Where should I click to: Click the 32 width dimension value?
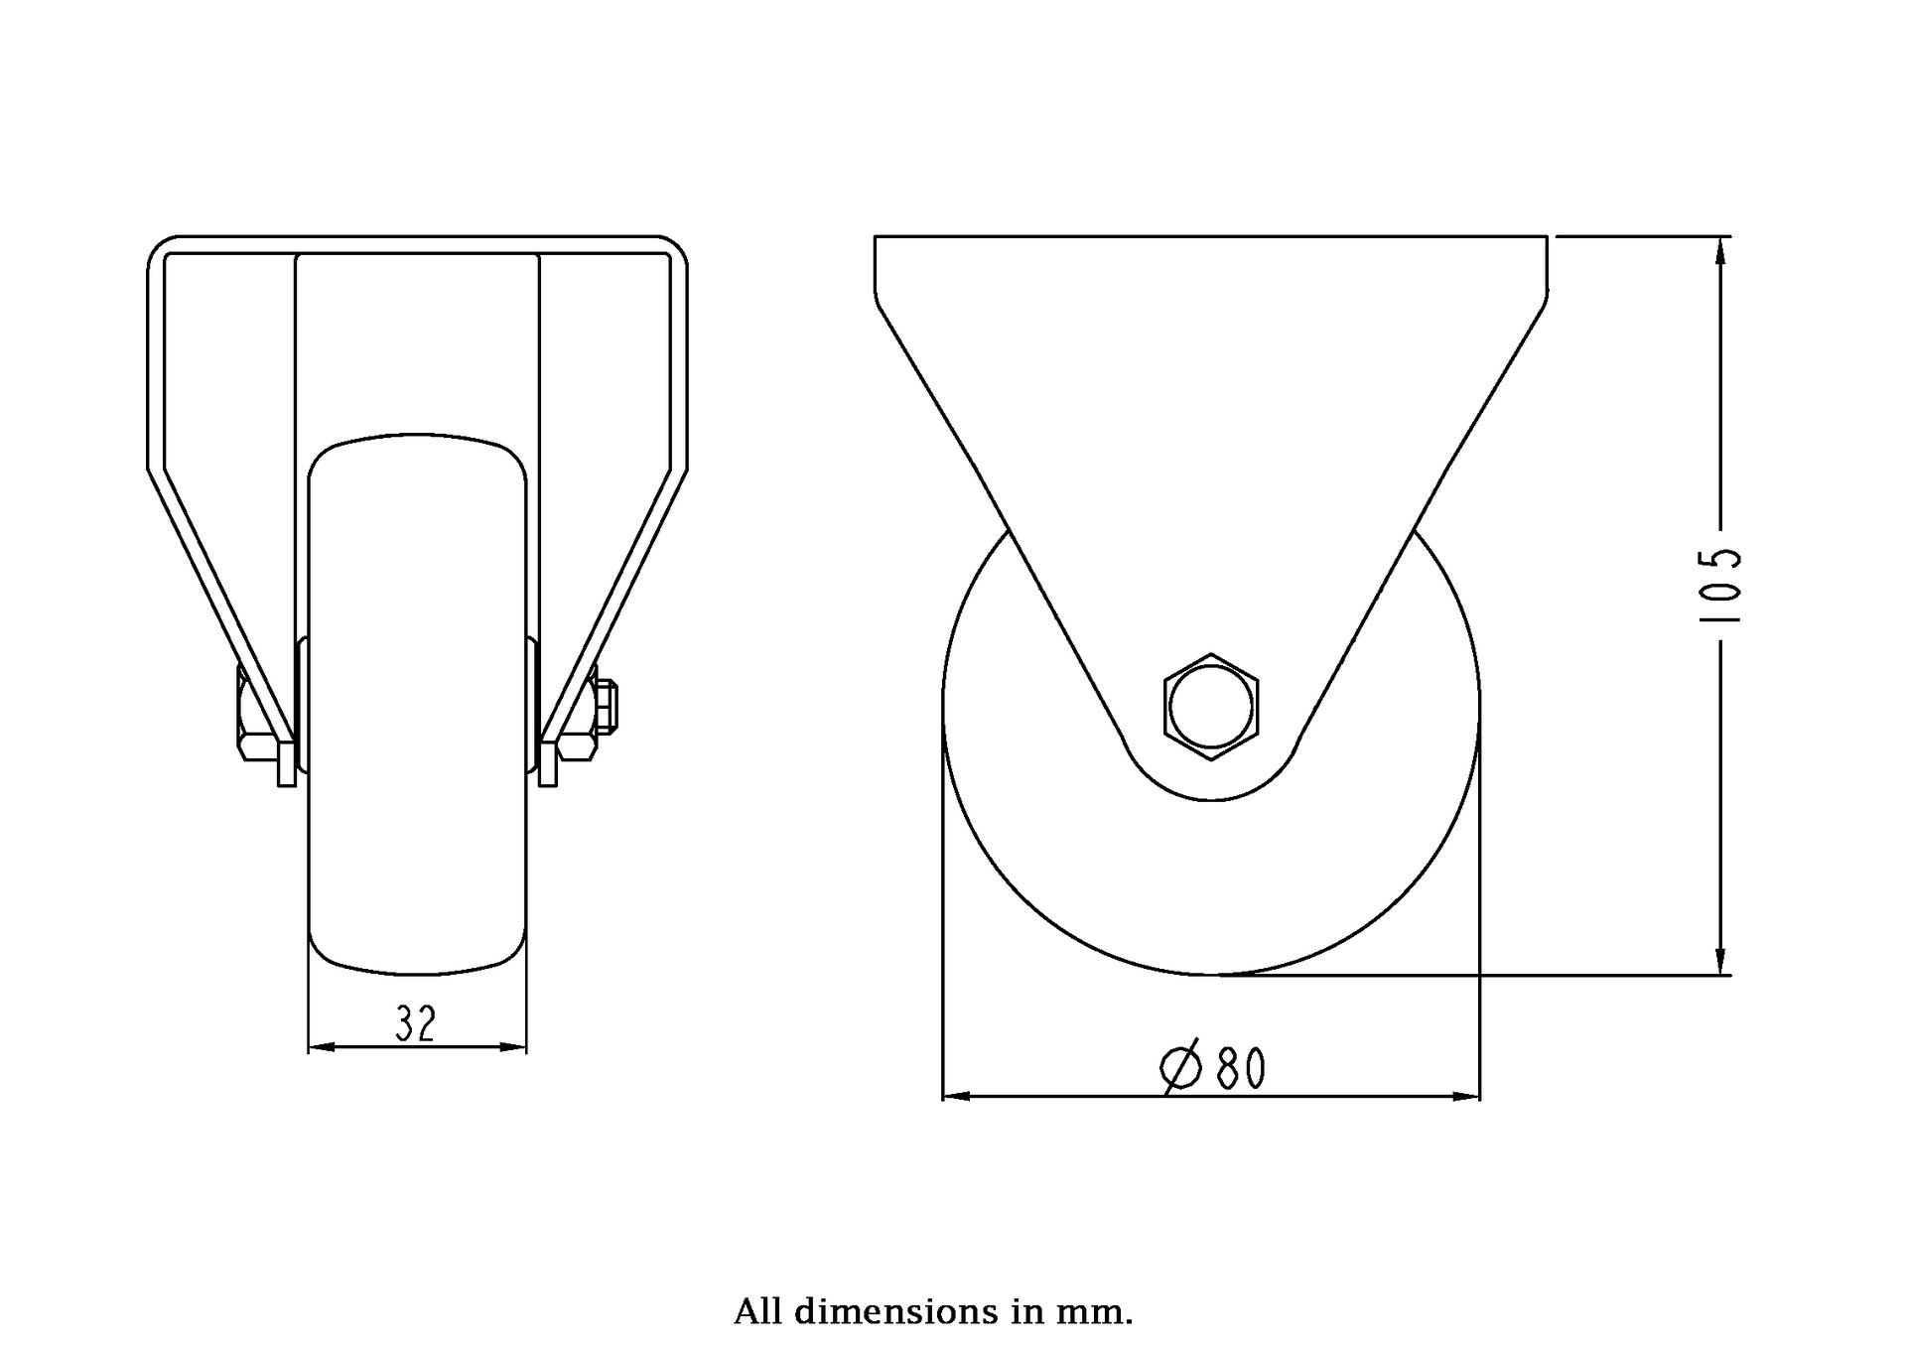pos(415,1023)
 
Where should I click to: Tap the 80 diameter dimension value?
pos(1241,1069)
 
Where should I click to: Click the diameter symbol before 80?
pos(1181,1068)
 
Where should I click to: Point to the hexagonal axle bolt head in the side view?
pos(1211,707)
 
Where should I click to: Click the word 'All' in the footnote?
pos(759,1312)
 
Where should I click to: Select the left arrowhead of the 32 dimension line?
pos(322,1046)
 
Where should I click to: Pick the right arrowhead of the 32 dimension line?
pos(513,1046)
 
